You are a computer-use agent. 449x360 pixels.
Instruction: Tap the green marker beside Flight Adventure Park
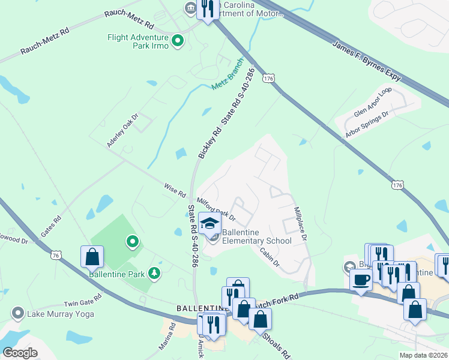coord(178,41)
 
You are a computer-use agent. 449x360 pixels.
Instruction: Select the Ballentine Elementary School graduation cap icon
coord(209,224)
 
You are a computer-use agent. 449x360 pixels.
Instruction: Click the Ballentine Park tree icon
coord(155,274)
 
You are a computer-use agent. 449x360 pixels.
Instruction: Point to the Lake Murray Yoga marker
coord(19,313)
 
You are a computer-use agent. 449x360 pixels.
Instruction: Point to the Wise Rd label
coord(175,190)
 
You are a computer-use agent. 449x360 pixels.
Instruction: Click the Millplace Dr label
coord(300,225)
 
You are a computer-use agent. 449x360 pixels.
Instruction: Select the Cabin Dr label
coord(270,256)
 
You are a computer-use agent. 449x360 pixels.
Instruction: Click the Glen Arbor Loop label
coord(373,103)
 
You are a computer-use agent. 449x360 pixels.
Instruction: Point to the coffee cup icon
coord(361,279)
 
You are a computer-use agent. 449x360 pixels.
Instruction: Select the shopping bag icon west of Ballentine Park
coord(92,257)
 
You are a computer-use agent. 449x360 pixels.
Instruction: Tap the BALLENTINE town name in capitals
coord(199,308)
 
